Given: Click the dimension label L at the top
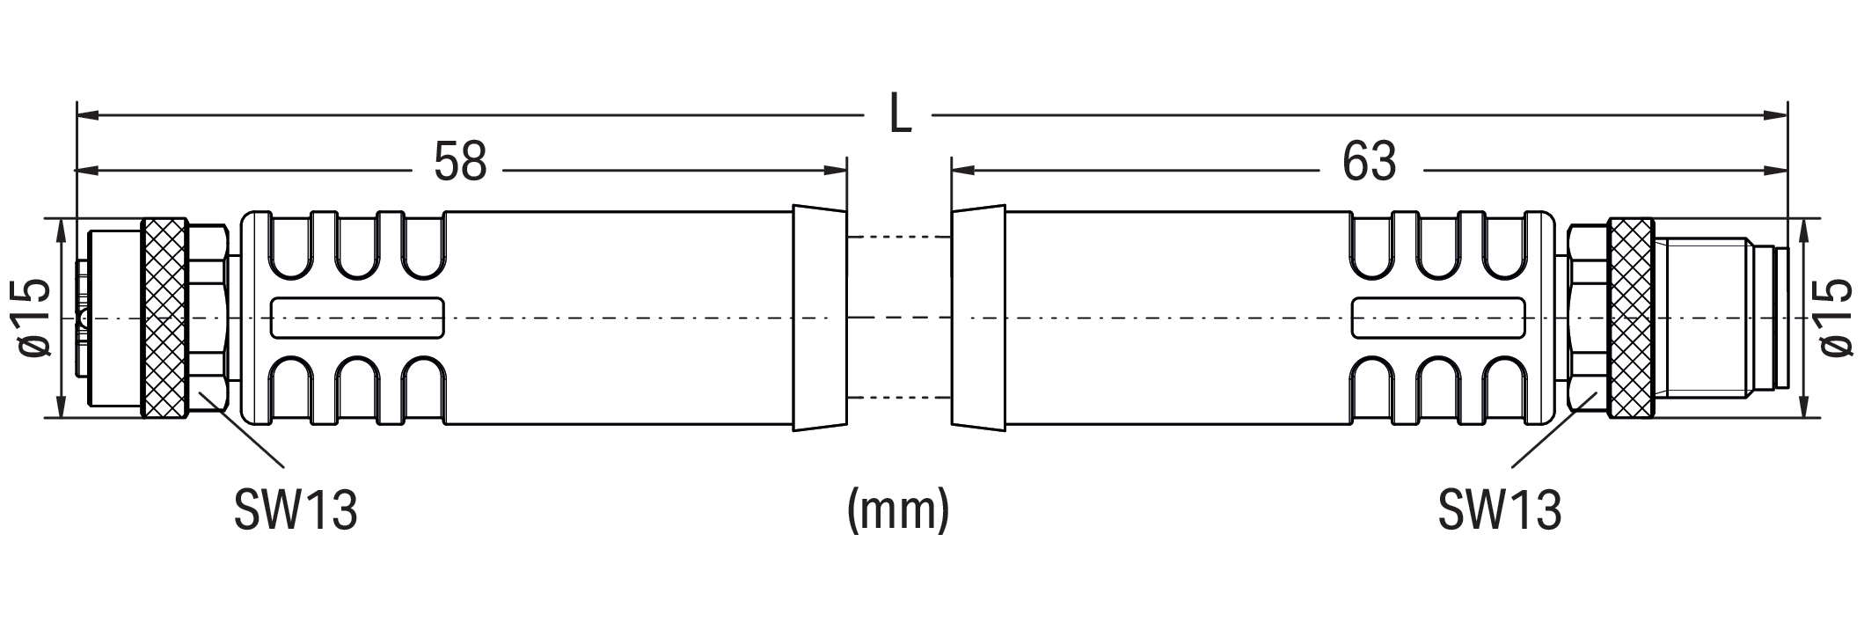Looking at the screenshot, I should tap(899, 114).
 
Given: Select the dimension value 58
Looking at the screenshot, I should tap(460, 163).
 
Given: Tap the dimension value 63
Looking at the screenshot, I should tap(1370, 163).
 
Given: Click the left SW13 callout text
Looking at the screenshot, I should tap(296, 510).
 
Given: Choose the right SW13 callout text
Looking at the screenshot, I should tap(1500, 510).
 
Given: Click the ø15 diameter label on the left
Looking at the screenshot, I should tap(33, 318).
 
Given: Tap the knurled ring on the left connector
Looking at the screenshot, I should tap(164, 318).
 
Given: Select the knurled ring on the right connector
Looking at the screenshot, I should tap(1631, 318).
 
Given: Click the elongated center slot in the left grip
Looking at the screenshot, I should tap(358, 318).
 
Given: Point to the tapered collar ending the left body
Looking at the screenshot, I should tap(819, 318).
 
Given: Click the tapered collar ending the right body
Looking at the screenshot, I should tap(978, 318).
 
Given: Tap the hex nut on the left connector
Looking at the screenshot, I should tap(208, 318).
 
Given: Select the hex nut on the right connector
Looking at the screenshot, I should tap(1588, 318).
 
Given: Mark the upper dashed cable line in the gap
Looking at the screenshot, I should tap(898, 237).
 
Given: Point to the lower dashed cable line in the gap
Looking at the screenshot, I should tap(898, 399).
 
